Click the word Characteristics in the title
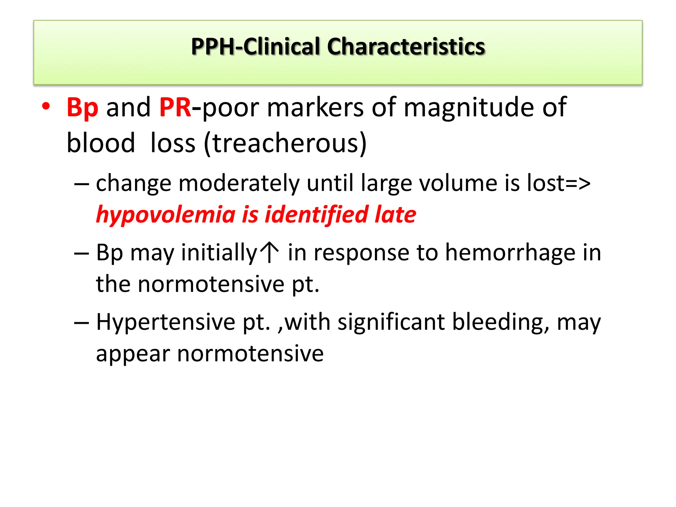pyautogui.click(x=406, y=47)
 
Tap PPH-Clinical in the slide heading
pyautogui.click(x=256, y=47)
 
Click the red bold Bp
pyautogui.click(x=82, y=108)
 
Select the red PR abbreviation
pyautogui.click(x=175, y=108)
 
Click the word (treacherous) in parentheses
pyautogui.click(x=285, y=143)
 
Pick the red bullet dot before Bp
pyautogui.click(x=46, y=106)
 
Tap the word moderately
pyautogui.click(x=239, y=183)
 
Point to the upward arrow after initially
pyautogui.click(x=269, y=252)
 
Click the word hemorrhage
pyautogui.click(x=510, y=253)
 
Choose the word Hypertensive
pyautogui.click(x=165, y=322)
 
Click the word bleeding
pyautogui.click(x=501, y=322)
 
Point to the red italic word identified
pyautogui.click(x=317, y=215)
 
